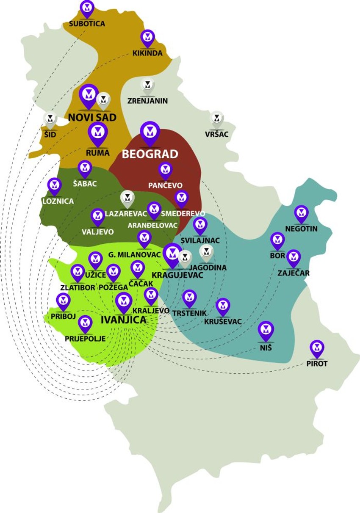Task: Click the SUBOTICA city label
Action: [87, 24]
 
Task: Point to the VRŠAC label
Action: [216, 134]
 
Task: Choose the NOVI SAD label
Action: [92, 117]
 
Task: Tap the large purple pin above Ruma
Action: [98, 133]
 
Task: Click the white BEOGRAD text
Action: [150, 154]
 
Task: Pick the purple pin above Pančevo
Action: [165, 171]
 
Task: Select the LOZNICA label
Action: [58, 201]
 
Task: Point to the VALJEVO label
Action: [98, 232]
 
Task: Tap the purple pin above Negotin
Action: [301, 214]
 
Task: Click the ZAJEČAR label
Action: [294, 273]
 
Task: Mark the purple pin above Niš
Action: [266, 331]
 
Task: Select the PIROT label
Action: [317, 363]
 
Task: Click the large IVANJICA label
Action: [123, 320]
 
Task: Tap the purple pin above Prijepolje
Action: [86, 324]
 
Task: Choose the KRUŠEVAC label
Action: [223, 322]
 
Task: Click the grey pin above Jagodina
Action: [207, 253]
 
